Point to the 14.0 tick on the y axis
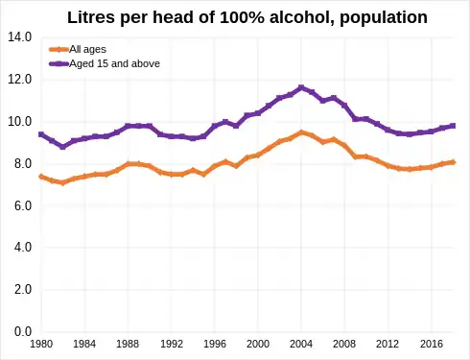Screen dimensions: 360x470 click(x=20, y=37)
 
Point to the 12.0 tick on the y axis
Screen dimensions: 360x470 click(x=20, y=80)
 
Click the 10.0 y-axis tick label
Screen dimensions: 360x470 click(x=20, y=122)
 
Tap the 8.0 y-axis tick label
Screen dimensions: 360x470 click(x=20, y=164)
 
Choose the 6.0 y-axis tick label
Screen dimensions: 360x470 click(x=20, y=206)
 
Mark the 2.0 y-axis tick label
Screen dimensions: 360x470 click(x=20, y=290)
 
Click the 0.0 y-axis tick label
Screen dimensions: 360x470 click(x=20, y=332)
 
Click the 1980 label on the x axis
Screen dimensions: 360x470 click(x=41, y=344)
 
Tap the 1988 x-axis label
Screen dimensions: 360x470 click(x=129, y=344)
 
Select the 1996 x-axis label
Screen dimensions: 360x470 click(x=215, y=344)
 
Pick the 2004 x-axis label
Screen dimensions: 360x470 click(x=301, y=344)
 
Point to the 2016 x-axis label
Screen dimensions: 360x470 click(x=432, y=344)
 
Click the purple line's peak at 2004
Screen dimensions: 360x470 click(x=301, y=87)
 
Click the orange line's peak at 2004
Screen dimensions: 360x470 click(x=301, y=132)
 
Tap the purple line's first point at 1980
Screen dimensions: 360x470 click(x=41, y=134)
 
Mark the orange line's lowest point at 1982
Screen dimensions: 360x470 click(x=63, y=182)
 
